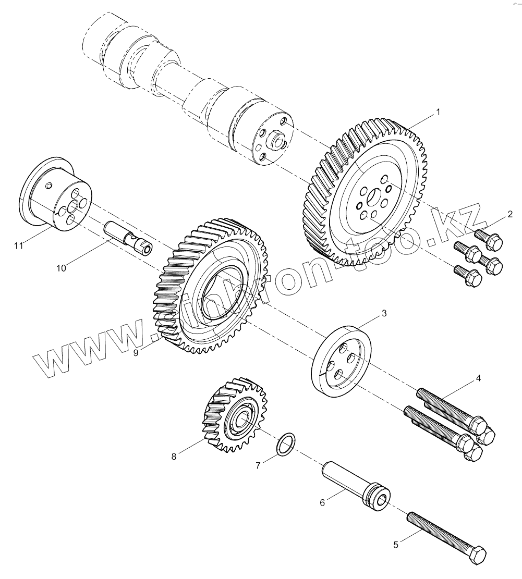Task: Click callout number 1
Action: point(438,112)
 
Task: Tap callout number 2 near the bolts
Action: point(510,214)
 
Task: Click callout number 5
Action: point(396,545)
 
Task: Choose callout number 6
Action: point(322,502)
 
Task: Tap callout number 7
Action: point(258,465)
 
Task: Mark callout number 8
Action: point(174,457)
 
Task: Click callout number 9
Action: point(136,353)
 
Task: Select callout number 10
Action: point(62,268)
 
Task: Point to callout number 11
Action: point(19,245)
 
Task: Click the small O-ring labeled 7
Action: point(285,444)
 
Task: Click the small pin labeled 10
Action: point(128,238)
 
